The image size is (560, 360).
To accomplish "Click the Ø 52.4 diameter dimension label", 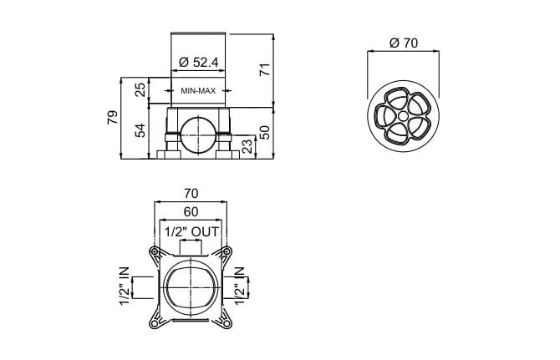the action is pos(198,63).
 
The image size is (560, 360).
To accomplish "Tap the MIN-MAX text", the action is pos(198,91).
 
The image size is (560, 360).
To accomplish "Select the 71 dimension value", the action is pos(265,69).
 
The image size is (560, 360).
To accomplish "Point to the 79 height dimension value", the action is pos(112,118).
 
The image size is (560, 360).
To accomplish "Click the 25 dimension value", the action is pos(140,90).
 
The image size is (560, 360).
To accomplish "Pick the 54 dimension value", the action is pos(140,130).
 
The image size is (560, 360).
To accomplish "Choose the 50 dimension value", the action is pos(265,132).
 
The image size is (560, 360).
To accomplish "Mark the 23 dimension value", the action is pos(247,146).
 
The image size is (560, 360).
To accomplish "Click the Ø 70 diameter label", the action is pos(404,43).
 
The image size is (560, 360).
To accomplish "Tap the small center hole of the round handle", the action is pos(403,116).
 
